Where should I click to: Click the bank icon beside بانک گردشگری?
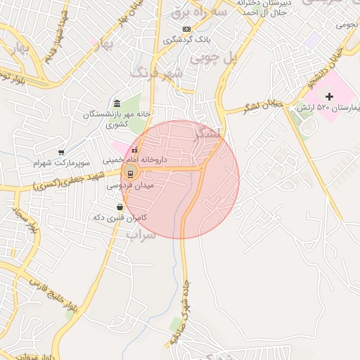click(186, 29)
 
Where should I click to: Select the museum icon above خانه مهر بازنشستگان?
click(117, 104)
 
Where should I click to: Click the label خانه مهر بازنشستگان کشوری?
click(112, 120)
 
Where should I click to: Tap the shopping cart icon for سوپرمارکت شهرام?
click(61, 152)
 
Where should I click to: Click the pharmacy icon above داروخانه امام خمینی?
click(134, 149)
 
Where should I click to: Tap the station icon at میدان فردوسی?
click(130, 174)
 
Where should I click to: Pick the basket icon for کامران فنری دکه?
click(120, 207)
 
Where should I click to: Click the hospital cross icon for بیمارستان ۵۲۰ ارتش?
click(330, 96)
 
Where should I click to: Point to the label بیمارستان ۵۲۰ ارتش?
click(335, 108)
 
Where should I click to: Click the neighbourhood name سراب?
click(141, 235)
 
